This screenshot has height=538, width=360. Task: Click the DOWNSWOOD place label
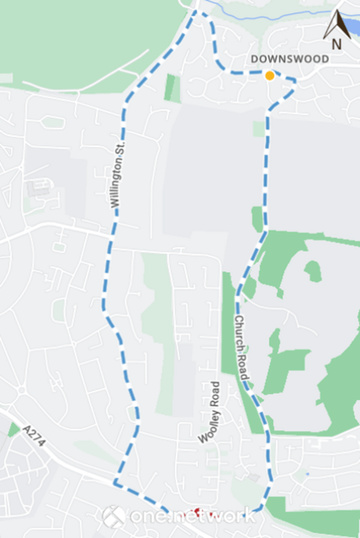(290, 59)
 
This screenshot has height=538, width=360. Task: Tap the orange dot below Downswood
(270, 76)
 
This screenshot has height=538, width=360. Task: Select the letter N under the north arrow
(337, 44)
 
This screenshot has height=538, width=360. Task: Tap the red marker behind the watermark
(194, 513)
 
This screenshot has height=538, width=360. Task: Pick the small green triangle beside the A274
(13, 429)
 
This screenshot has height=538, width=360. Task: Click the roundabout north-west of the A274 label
(22, 390)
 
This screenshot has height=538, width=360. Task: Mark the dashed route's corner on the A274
(115, 483)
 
